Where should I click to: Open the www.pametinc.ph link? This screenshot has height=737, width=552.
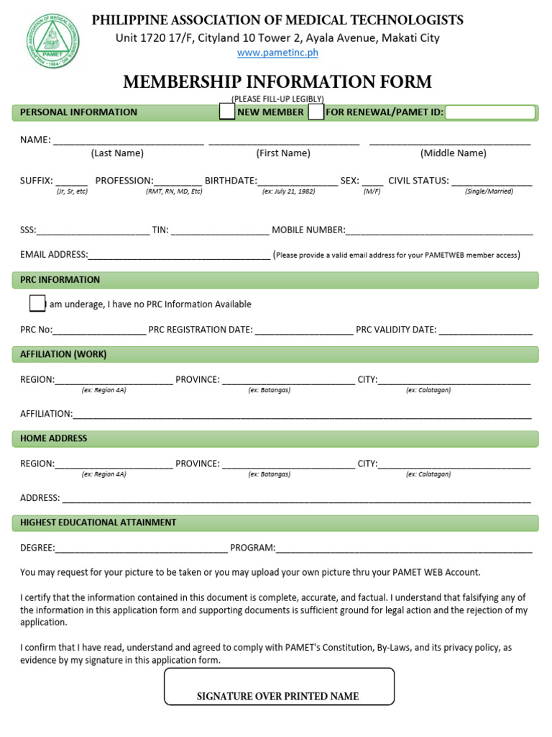[277, 53]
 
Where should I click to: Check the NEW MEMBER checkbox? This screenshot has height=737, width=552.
[227, 112]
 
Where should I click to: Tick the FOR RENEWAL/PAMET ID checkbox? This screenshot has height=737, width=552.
[316, 112]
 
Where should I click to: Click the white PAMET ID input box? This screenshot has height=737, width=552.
[491, 112]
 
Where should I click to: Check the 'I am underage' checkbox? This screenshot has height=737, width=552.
[37, 304]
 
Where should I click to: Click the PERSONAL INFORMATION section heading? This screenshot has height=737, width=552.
[78, 112]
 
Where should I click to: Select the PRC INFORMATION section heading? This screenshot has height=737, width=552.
[60, 279]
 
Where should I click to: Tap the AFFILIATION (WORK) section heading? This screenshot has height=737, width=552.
[63, 354]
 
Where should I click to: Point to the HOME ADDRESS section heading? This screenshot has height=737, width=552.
[53, 438]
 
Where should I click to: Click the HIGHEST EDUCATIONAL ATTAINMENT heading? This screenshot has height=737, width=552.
[98, 523]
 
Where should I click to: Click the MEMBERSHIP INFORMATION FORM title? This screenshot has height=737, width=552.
[277, 82]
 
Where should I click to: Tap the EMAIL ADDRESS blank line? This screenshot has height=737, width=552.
[179, 256]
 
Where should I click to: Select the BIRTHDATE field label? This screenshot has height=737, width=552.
[230, 181]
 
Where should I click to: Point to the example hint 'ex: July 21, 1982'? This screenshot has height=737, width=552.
[289, 192]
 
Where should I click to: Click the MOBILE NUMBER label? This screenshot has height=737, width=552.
[308, 230]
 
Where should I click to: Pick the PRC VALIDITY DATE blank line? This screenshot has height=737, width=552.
[486, 331]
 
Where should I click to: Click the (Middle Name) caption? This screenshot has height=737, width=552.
[453, 153]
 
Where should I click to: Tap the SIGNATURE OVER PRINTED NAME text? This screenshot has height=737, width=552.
[277, 696]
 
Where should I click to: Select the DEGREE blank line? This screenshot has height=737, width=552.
[142, 549]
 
